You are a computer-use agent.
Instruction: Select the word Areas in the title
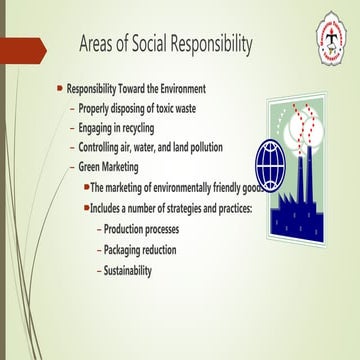[x=103, y=45]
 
